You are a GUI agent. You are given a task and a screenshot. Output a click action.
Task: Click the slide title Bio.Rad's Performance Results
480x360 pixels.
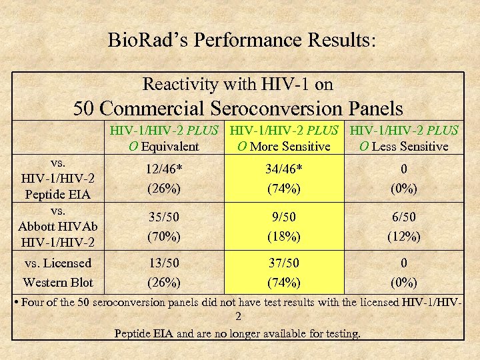click(x=242, y=40)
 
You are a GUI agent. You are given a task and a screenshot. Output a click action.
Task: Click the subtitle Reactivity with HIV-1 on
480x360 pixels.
click(x=238, y=84)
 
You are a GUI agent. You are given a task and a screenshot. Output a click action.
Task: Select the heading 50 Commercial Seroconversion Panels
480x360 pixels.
click(x=238, y=107)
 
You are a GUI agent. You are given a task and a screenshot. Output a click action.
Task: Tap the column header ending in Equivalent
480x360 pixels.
click(x=164, y=138)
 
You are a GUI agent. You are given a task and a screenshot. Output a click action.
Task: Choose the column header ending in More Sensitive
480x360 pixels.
click(x=284, y=138)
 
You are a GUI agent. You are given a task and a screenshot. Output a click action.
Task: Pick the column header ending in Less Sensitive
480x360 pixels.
click(x=404, y=138)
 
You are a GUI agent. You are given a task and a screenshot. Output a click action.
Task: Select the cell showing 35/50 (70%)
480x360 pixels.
click(x=164, y=227)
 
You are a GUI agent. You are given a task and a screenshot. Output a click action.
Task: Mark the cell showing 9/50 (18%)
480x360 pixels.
click(x=284, y=227)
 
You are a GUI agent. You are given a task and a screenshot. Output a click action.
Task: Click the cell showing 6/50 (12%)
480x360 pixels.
click(x=404, y=227)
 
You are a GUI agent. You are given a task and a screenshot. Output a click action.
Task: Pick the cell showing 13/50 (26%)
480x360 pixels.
click(x=164, y=272)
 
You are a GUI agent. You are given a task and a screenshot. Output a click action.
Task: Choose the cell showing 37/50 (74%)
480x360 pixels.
click(x=284, y=272)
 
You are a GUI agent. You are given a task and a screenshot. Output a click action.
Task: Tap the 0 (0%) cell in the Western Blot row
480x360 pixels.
click(x=404, y=272)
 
